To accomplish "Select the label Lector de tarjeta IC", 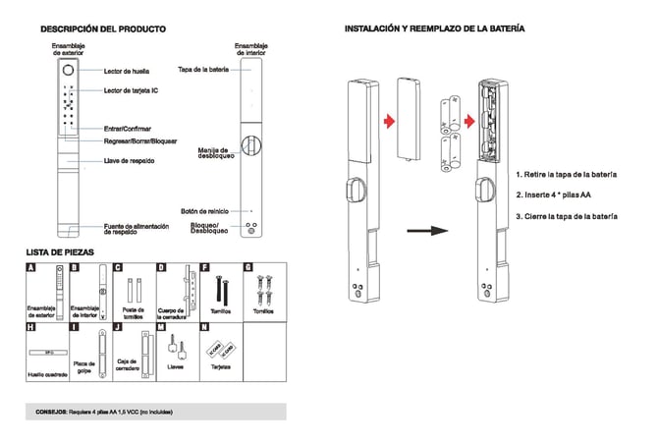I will coord(131,91).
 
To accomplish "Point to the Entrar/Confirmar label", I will coord(129,128).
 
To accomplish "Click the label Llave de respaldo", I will coord(129,160).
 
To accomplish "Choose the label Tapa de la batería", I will coord(203,70).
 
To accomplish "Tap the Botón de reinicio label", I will coord(204,210).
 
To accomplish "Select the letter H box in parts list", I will coord(31,326).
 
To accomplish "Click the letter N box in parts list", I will coord(203,326).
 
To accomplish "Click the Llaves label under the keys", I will coord(176,367).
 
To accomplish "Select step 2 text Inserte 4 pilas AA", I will coord(554,194).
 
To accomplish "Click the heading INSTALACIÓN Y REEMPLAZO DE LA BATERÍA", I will coord(433,28).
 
